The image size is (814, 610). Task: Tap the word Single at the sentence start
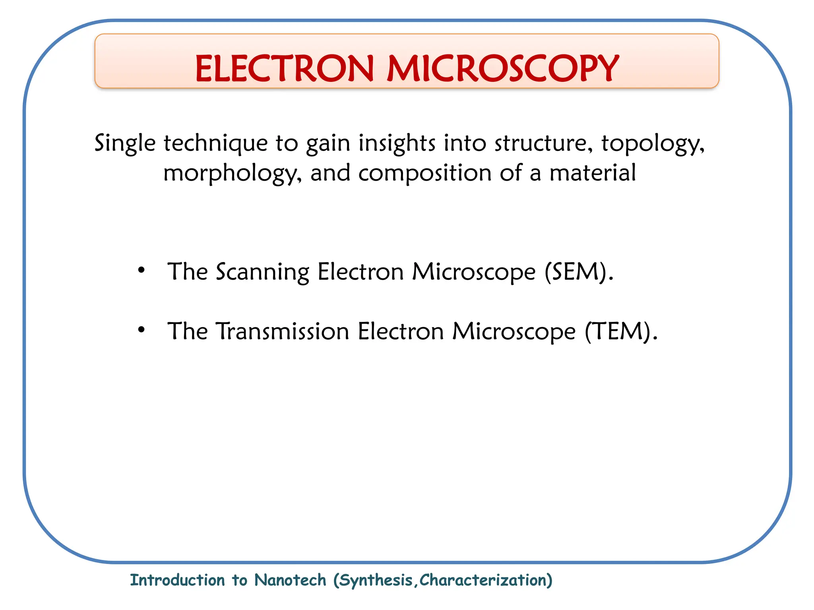pos(125,143)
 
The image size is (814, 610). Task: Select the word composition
pos(425,174)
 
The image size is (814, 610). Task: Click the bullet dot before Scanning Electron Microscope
pos(141,270)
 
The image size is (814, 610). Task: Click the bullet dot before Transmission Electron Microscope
pos(141,330)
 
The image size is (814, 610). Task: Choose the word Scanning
pos(262,272)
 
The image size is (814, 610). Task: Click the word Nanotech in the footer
pos(290,580)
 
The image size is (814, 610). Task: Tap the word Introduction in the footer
pos(177,580)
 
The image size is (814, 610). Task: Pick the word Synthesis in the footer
pos(376,581)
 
